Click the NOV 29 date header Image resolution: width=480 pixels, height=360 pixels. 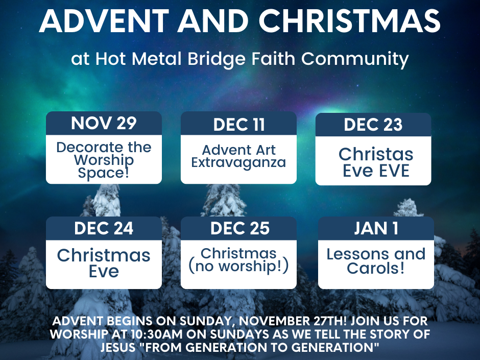pyautogui.click(x=104, y=123)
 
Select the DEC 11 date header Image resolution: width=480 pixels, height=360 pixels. pyautogui.click(x=239, y=125)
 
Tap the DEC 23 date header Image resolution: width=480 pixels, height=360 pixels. pyautogui.click(x=373, y=125)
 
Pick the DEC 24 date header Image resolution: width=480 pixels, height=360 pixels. pyautogui.click(x=104, y=228)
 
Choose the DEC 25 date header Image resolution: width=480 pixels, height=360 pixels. pyautogui.click(x=239, y=228)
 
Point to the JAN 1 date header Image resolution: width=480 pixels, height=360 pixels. pyautogui.click(x=376, y=228)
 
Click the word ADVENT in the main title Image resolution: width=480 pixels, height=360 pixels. pyautogui.click(x=104, y=21)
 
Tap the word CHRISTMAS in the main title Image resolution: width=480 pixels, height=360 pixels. pyautogui.click(x=349, y=21)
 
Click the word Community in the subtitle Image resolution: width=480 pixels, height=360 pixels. pyautogui.click(x=355, y=59)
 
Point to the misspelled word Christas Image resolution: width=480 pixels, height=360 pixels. pyautogui.click(x=376, y=154)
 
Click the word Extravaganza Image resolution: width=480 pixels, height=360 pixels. pyautogui.click(x=238, y=163)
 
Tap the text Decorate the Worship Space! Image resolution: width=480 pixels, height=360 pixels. pyautogui.click(x=104, y=160)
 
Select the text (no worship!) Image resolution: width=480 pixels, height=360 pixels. pyautogui.click(x=238, y=266)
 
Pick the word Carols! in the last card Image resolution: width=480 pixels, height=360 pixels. pyautogui.click(x=376, y=268)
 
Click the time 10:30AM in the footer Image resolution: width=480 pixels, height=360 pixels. pyautogui.click(x=157, y=334)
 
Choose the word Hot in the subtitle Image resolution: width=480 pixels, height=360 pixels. pyautogui.click(x=110, y=59)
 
